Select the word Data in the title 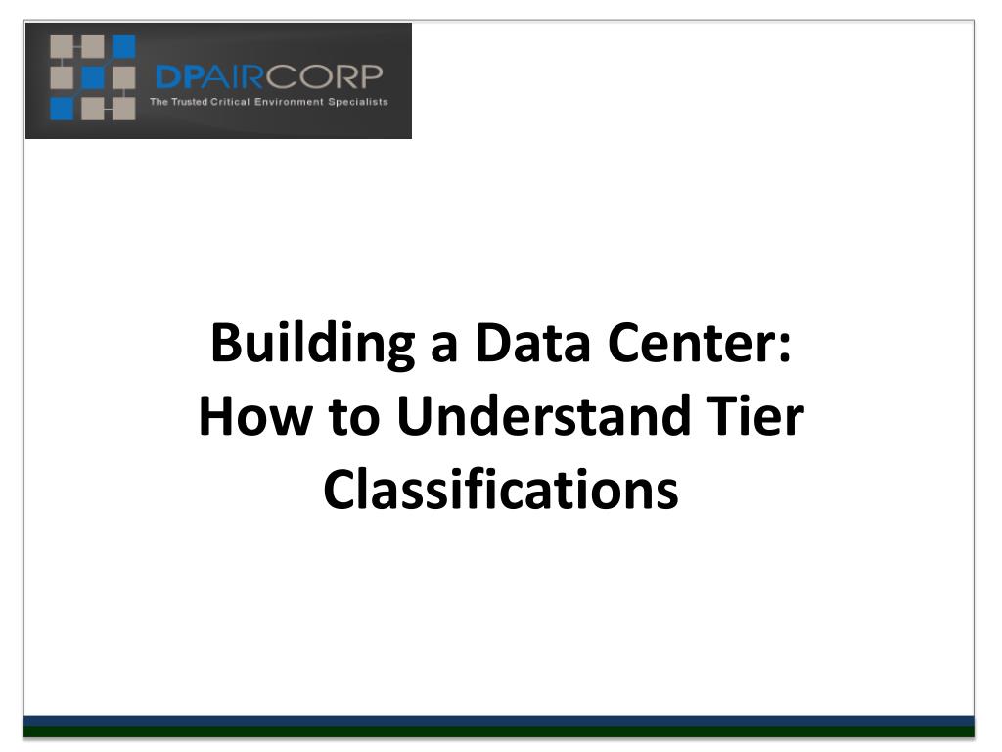532,343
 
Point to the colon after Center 785,350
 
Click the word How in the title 255,415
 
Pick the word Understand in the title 544,415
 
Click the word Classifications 501,489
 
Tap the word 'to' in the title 354,417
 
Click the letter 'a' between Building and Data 444,350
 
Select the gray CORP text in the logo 324,76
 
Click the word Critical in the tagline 230,102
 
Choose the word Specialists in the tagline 358,102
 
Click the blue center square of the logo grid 93,78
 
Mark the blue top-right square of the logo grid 124,47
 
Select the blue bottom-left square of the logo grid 62,109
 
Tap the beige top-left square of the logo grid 62,47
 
